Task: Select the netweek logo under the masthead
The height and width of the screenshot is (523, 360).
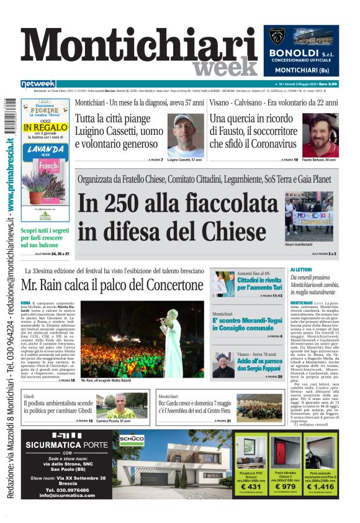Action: click(x=38, y=84)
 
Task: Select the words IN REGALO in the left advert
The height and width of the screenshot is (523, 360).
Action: click(x=45, y=127)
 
